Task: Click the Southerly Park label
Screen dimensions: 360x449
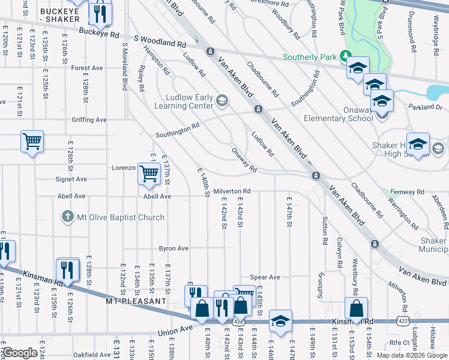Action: [x=311, y=58]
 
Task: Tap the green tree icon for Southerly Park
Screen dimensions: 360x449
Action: [x=346, y=56]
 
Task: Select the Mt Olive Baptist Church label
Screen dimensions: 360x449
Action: [x=120, y=217]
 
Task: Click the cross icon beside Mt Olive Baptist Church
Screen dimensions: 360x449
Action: [x=68, y=216]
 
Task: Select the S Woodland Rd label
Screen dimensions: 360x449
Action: [x=160, y=43]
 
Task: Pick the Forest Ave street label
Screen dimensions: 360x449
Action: [x=87, y=68]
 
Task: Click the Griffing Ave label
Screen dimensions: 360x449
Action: [x=88, y=120]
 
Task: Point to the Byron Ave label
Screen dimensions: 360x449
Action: [x=173, y=248]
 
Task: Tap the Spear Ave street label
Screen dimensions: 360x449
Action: [x=265, y=277]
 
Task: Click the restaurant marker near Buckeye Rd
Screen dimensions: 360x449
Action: [x=99, y=12]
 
